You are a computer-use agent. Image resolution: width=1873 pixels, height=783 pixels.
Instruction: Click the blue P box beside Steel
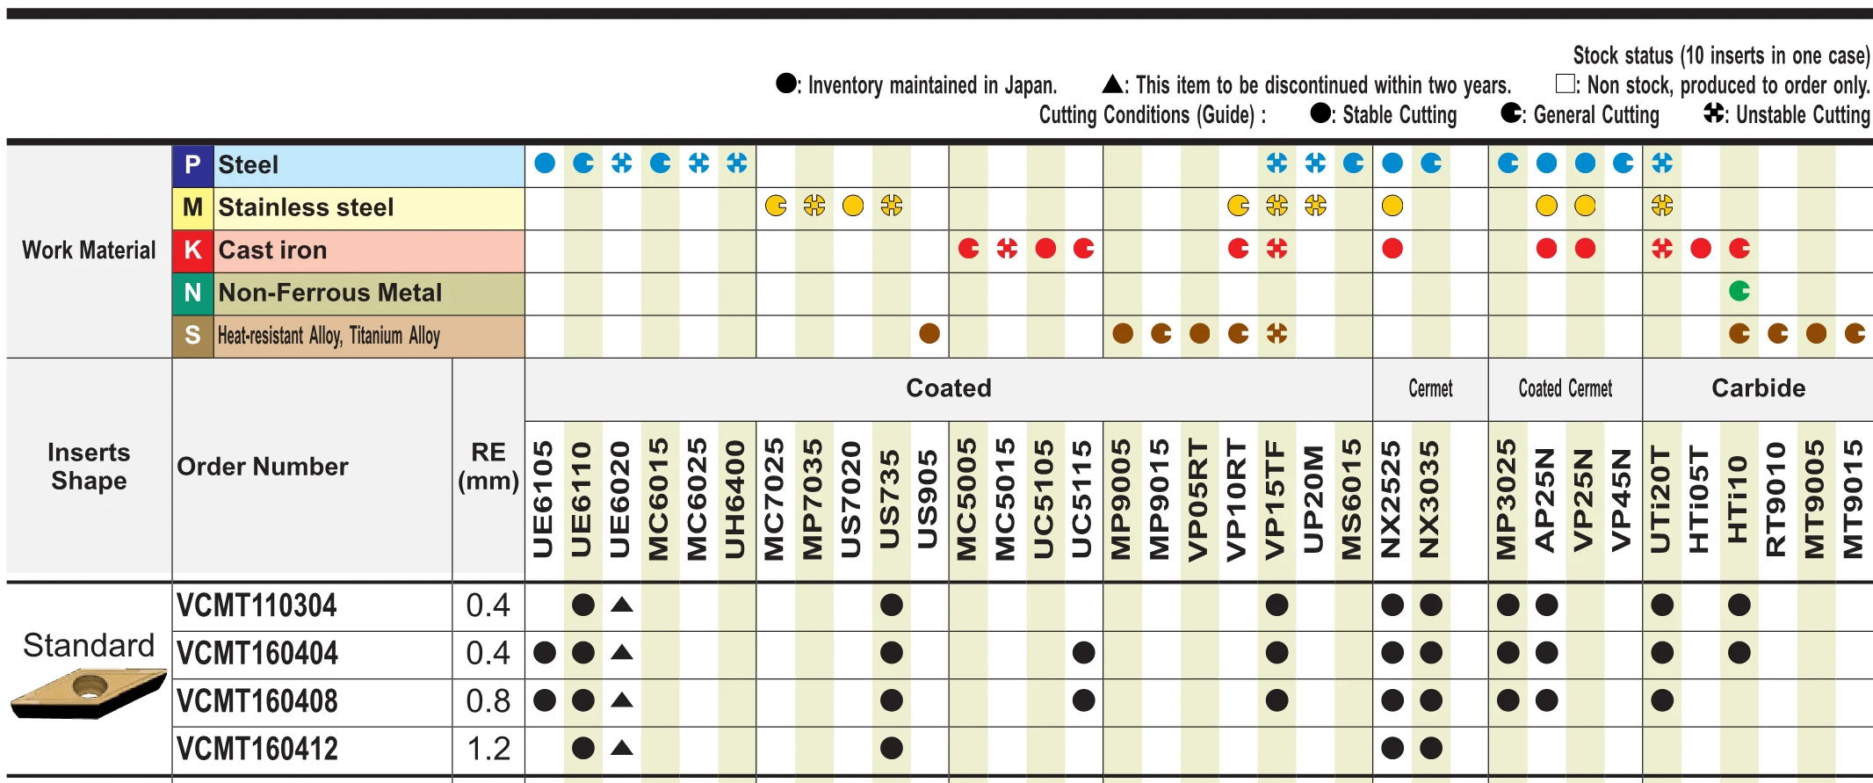[192, 164]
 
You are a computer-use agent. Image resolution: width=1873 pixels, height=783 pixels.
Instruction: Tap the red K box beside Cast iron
[192, 250]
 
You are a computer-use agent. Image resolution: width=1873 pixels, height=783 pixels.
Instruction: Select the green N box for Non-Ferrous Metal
[192, 293]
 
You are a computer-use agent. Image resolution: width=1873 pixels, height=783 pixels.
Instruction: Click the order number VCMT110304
[257, 605]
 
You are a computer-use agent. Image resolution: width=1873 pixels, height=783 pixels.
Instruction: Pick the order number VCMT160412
[257, 749]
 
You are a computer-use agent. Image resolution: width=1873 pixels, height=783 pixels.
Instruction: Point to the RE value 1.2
[488, 749]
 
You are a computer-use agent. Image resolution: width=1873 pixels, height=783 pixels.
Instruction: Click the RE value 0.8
[488, 701]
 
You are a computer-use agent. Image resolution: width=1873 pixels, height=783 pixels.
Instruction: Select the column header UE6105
[544, 499]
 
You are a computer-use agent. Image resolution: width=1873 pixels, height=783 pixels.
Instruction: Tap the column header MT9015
[1853, 499]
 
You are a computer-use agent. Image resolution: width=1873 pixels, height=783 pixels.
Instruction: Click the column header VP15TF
[1276, 499]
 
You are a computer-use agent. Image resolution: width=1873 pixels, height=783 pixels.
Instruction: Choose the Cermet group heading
[1430, 388]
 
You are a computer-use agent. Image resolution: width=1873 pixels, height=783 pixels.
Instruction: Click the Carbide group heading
[1758, 388]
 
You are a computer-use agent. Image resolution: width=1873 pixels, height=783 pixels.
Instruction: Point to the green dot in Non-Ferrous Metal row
[1739, 291]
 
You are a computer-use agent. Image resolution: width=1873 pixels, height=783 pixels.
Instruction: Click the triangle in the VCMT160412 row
[622, 748]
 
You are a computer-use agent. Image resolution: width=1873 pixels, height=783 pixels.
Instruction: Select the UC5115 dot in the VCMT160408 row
[1083, 700]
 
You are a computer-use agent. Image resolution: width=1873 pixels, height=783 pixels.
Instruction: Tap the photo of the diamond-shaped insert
[89, 693]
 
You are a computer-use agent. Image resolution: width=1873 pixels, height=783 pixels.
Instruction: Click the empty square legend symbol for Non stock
[1565, 83]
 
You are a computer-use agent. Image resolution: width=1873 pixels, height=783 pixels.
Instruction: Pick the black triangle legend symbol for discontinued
[1112, 83]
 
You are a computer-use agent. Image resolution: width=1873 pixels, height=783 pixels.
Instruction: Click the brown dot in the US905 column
[929, 333]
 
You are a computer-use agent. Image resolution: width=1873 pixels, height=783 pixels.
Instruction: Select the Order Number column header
[263, 467]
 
